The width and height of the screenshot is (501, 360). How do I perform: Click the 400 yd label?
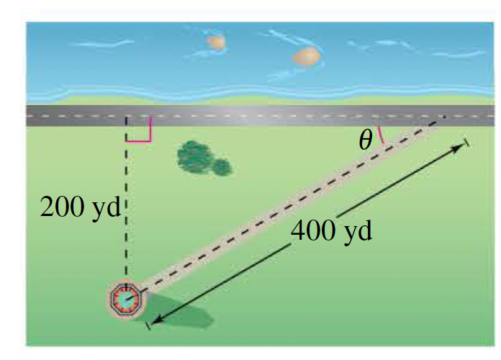tap(332, 231)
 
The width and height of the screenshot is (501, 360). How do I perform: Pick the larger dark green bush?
tap(194, 156)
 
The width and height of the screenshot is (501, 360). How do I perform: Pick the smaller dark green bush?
tap(222, 167)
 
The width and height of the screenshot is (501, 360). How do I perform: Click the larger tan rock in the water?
tap(306, 56)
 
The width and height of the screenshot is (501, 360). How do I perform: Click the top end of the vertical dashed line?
tap(127, 116)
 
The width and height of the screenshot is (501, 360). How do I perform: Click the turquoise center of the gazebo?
tap(127, 298)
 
